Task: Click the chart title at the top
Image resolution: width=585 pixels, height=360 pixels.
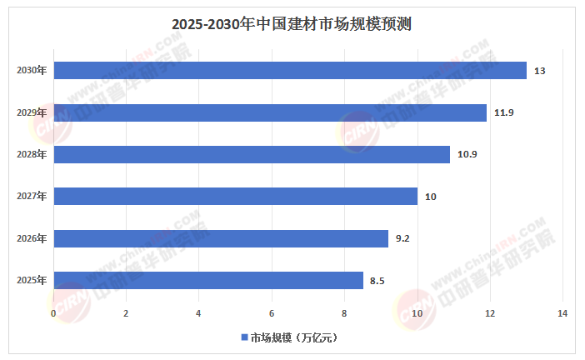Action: [292, 24]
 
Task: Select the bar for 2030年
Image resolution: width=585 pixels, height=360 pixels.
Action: [290, 71]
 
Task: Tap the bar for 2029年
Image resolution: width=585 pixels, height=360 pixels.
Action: [270, 112]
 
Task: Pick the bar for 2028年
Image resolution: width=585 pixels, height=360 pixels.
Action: [252, 154]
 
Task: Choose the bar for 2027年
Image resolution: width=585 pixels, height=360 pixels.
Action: [236, 197]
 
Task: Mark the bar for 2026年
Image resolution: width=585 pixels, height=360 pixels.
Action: [221, 238]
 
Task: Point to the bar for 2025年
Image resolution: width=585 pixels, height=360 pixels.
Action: [208, 280]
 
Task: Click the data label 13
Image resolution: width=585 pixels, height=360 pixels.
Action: [539, 72]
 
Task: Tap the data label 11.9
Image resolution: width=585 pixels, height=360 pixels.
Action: [502, 113]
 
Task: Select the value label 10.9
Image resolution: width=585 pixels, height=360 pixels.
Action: [466, 155]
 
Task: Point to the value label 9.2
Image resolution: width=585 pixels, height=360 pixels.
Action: [402, 239]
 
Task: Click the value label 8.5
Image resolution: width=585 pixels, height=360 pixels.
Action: [377, 281]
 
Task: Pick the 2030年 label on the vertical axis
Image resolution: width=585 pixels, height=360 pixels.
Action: [32, 71]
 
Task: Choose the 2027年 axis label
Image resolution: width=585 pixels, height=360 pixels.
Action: [32, 197]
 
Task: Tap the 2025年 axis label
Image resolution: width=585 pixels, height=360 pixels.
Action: [32, 280]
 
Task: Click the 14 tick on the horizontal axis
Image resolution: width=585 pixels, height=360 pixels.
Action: [562, 313]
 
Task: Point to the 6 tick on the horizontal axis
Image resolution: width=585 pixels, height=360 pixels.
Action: [272, 313]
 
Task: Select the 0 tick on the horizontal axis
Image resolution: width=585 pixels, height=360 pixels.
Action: [53, 313]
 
